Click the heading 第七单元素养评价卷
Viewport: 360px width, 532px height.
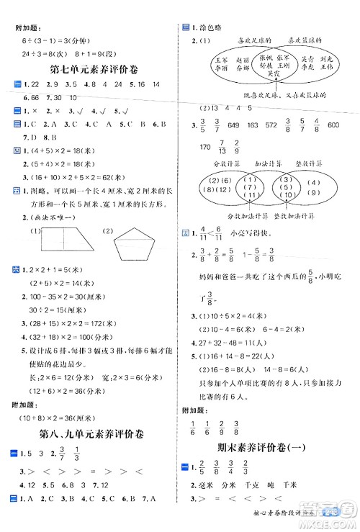click(x=89, y=70)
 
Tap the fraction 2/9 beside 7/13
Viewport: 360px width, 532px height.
click(x=238, y=148)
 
